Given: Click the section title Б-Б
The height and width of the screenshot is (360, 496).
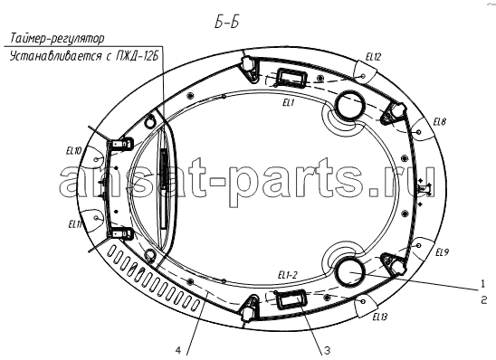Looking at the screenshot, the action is tap(226, 22).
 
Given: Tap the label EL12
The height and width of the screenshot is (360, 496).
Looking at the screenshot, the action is tap(373, 57).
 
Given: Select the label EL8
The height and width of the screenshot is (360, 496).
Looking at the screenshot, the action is tap(440, 122).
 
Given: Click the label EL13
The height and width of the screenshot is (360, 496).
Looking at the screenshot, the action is tap(379, 317).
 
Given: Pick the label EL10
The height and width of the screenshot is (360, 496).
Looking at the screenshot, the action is tap(73, 151).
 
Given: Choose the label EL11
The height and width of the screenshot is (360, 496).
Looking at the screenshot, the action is tap(75, 224).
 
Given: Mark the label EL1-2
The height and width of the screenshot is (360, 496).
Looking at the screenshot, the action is tap(288, 275).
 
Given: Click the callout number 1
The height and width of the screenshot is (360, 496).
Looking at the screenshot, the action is tap(482, 284).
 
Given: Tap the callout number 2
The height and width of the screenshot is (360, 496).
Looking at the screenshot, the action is tap(484, 299).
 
